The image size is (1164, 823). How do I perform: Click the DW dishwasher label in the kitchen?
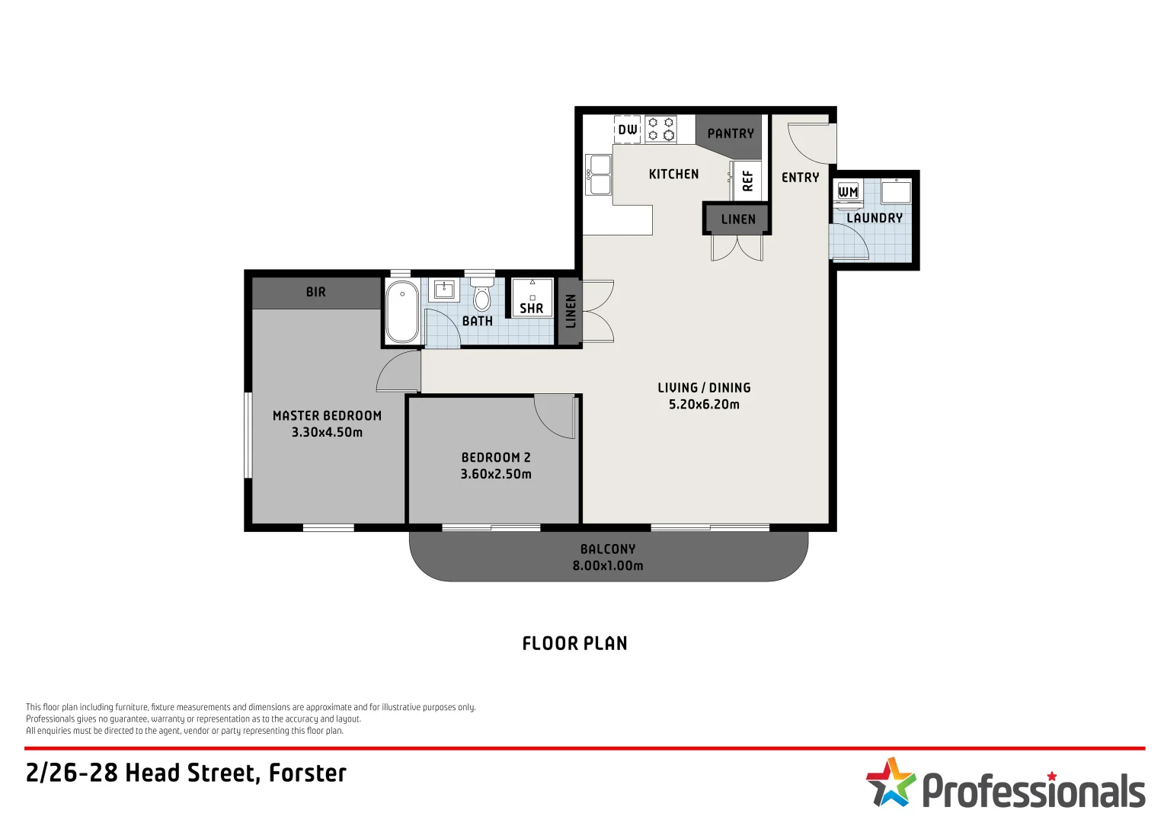[x=628, y=130]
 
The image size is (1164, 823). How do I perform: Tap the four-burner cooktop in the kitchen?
[x=660, y=129]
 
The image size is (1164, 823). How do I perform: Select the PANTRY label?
[x=731, y=133]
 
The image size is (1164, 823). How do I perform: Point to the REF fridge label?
[x=747, y=181]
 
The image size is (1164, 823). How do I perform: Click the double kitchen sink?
[x=598, y=175]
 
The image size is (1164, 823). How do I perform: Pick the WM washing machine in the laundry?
[x=848, y=191]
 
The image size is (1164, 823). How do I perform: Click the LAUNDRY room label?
[x=875, y=218]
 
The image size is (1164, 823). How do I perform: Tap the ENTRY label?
[x=800, y=178]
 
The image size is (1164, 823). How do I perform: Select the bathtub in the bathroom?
[x=401, y=312]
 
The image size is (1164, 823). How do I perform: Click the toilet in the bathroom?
[x=481, y=293]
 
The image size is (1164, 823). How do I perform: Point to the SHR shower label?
[x=532, y=308]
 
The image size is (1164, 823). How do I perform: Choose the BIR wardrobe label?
[x=316, y=292]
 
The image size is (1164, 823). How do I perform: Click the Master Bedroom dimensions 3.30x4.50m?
[x=327, y=432]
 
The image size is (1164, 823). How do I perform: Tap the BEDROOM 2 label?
[x=496, y=457]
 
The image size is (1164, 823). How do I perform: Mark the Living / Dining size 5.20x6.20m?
[x=704, y=405]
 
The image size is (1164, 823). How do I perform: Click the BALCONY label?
[x=608, y=549]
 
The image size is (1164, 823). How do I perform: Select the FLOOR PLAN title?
[x=575, y=643]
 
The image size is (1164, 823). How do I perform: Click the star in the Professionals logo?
[x=891, y=781]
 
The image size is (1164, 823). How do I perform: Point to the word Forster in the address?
[x=308, y=773]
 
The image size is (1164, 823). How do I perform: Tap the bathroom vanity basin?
[x=444, y=290]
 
